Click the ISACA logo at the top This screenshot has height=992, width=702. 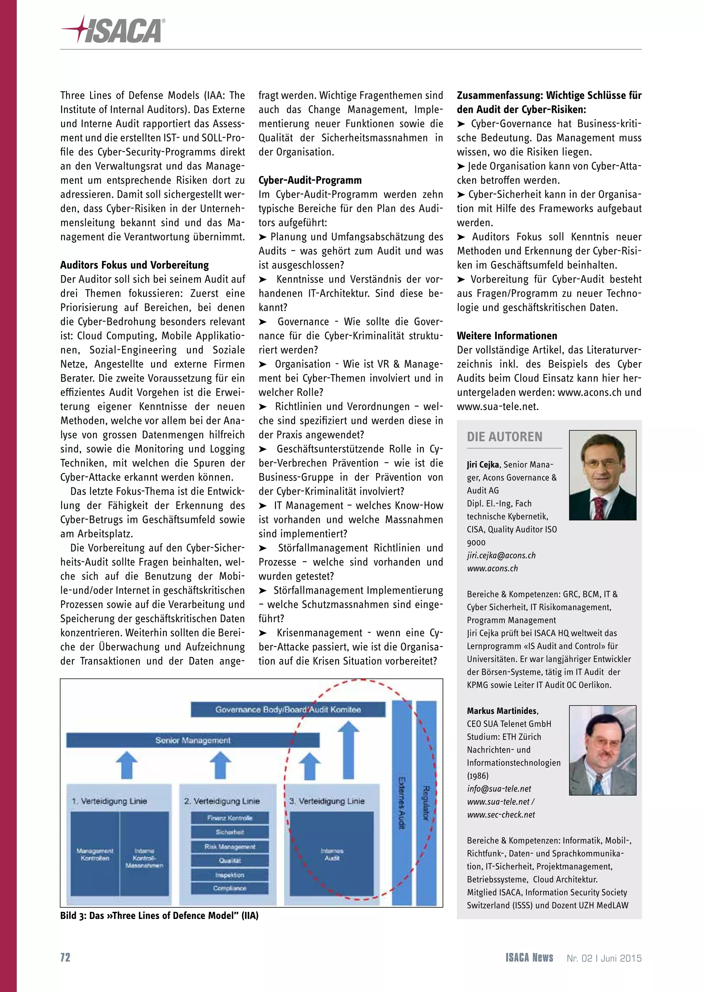[x=113, y=30]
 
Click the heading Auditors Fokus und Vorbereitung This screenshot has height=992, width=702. [x=134, y=265]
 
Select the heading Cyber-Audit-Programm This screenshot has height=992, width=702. [x=310, y=180]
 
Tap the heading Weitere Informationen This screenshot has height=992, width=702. [x=507, y=336]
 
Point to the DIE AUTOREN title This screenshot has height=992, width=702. [x=505, y=437]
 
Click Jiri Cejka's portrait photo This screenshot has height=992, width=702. [x=602, y=475]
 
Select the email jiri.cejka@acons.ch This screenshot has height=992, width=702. [x=501, y=556]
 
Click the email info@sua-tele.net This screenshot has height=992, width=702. [x=499, y=789]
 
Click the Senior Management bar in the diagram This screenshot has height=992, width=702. [x=193, y=741]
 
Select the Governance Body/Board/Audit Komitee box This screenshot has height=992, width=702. [x=288, y=710]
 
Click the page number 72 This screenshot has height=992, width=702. [x=65, y=957]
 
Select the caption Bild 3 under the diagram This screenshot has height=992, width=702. [x=159, y=916]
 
